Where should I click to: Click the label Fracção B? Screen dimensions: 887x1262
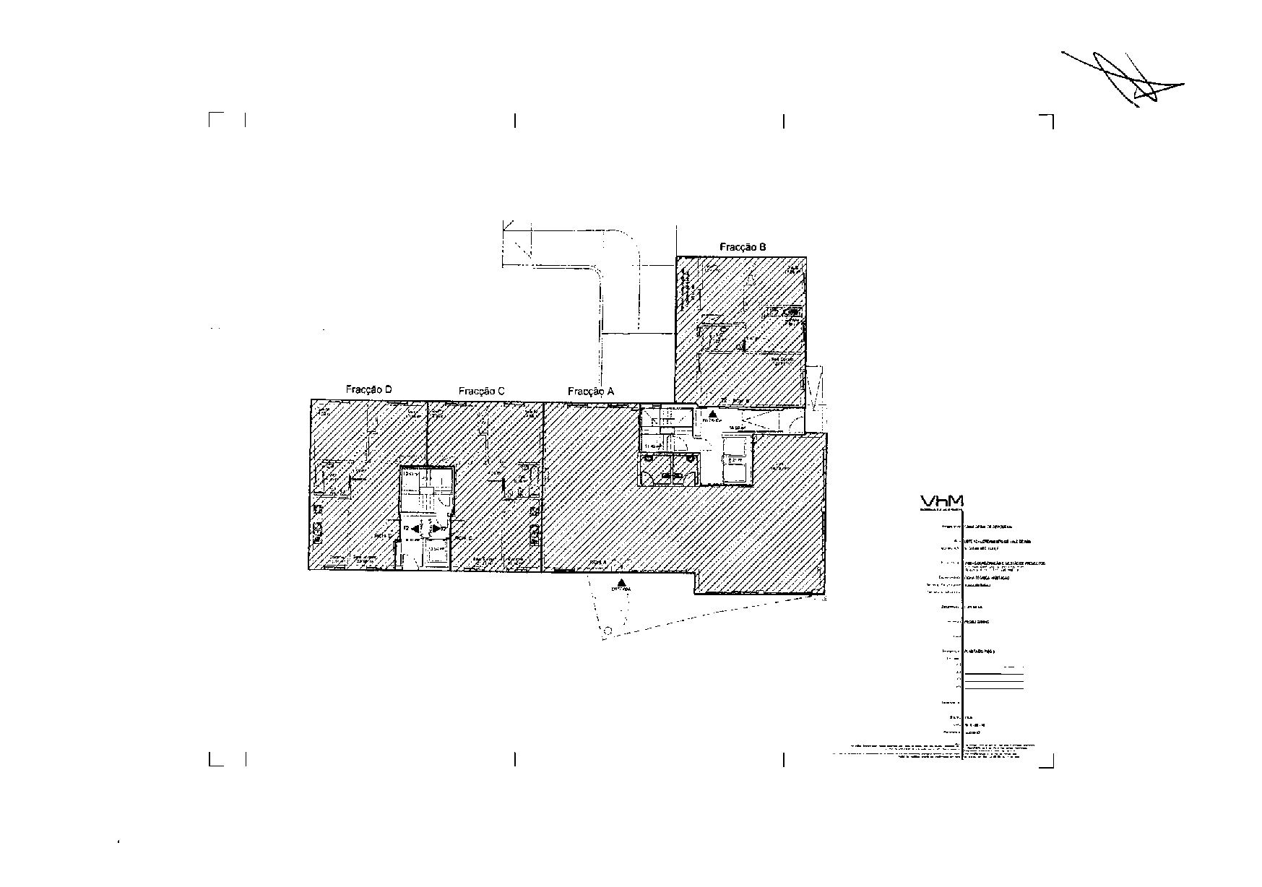tap(743, 247)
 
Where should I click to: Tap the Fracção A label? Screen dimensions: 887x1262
tap(591, 391)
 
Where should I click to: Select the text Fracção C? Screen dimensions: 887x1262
tap(481, 391)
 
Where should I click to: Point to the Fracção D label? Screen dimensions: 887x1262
tap(368, 390)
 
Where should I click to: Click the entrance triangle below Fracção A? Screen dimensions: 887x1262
tap(621, 582)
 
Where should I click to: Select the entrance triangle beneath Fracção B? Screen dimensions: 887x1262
tap(712, 415)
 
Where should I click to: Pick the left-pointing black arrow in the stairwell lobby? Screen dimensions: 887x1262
tap(416, 529)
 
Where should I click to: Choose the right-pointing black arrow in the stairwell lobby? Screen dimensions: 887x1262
tap(436, 529)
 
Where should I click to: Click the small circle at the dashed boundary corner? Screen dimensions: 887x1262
tap(608, 631)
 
